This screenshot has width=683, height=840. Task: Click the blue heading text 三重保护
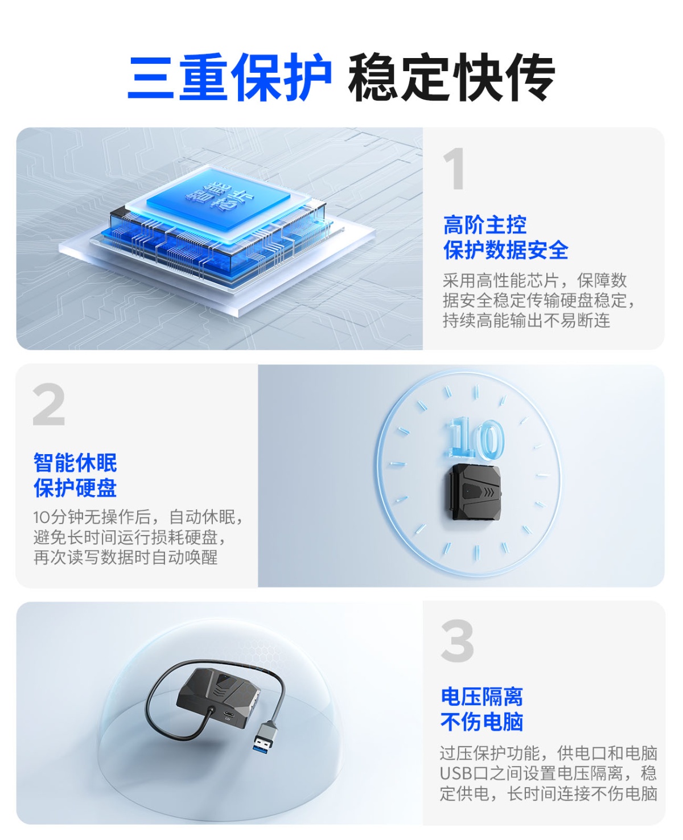pos(229,77)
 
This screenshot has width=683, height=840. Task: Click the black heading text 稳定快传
pos(451,77)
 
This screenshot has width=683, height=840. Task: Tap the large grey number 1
pos(454,168)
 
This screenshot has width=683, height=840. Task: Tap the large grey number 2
pos(49,404)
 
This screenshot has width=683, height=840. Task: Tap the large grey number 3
pos(458,640)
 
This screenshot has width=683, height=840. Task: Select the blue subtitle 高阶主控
pos(485,225)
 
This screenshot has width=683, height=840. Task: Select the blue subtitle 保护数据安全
pos(505,250)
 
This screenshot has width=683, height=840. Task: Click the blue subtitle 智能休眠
pos(75,463)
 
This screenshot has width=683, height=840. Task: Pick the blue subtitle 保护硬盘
pos(75,488)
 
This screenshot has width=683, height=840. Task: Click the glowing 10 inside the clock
pos(475,438)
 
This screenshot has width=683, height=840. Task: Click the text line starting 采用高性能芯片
pos(534,281)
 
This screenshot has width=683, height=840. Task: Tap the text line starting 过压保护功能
pos(549,753)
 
